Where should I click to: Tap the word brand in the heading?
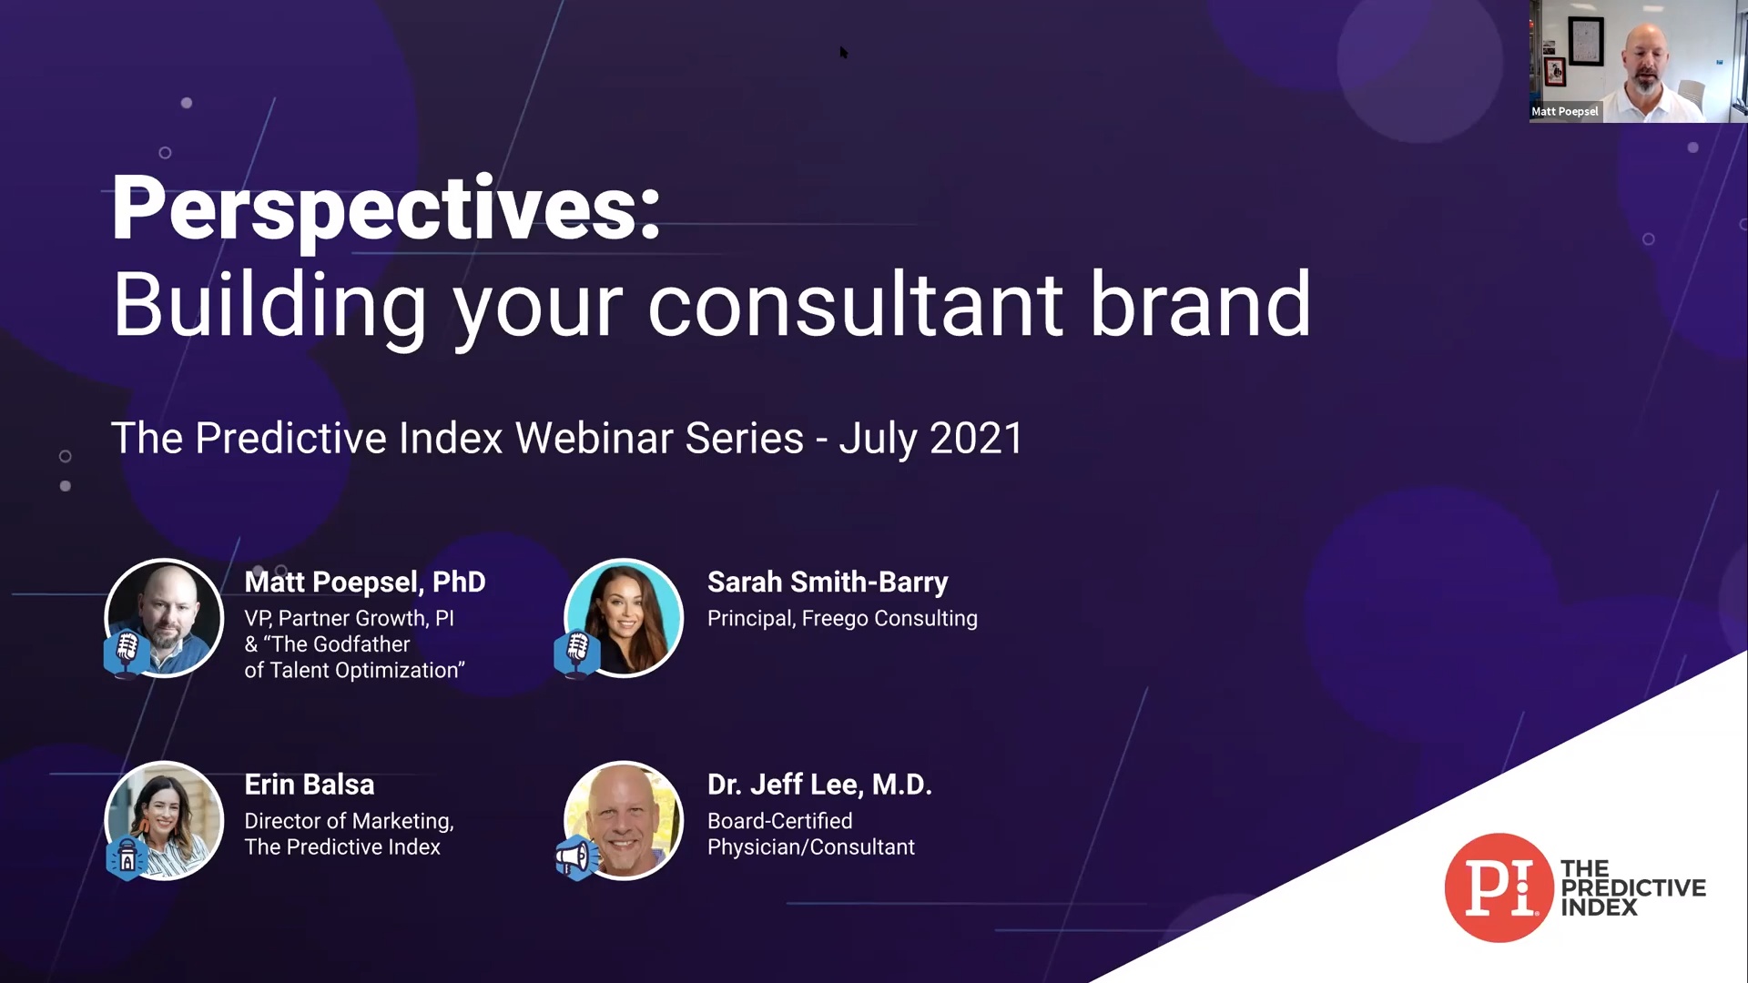(1200, 303)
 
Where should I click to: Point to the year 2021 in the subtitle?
(976, 438)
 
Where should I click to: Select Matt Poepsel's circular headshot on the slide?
(165, 618)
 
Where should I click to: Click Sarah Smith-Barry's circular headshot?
(624, 618)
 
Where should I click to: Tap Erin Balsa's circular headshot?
(165, 820)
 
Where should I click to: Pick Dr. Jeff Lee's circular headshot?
(624, 820)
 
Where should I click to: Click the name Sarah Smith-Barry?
(828, 583)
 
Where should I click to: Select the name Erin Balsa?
(310, 785)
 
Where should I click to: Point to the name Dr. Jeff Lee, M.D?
(819, 785)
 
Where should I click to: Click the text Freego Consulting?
(889, 619)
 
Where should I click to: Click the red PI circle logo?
(1499, 887)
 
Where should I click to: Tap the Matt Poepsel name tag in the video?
(1565, 112)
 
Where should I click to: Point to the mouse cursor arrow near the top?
(844, 53)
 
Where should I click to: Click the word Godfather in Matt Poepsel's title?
(361, 644)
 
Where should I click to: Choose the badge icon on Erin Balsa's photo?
(127, 857)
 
